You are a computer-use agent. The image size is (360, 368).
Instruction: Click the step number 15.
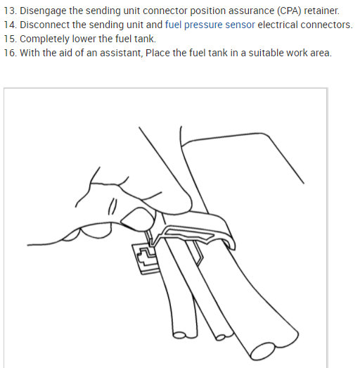[x=9, y=39]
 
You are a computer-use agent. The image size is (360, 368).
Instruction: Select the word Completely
[x=46, y=39]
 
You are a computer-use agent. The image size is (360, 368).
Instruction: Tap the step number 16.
[x=9, y=53]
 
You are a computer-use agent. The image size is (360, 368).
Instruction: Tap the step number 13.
[x=9, y=11]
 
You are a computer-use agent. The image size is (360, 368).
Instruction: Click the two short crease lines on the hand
[x=112, y=205]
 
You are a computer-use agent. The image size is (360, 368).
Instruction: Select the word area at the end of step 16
[x=319, y=53]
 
